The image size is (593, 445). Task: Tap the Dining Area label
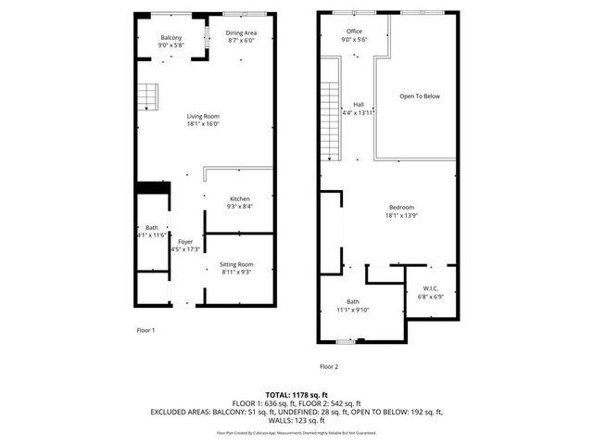[x=242, y=33]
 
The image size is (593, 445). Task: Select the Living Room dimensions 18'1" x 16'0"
[x=205, y=123]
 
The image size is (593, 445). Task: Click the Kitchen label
[x=240, y=199]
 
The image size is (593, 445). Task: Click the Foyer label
[x=185, y=242]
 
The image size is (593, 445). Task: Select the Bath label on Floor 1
[x=151, y=227]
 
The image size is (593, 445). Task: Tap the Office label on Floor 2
[x=354, y=32]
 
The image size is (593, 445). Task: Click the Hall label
[x=358, y=104]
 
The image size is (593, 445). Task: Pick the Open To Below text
[x=419, y=95]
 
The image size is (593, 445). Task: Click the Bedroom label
[x=401, y=207]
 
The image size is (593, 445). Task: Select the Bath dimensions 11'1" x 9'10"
[x=353, y=310]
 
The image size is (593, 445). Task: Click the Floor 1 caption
[x=145, y=330]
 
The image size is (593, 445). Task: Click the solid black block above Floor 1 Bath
[x=152, y=188]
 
